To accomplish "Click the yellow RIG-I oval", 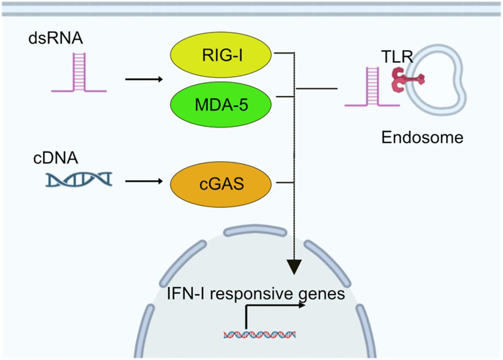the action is (x=221, y=54).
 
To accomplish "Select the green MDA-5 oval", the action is (x=221, y=105).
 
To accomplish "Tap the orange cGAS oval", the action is (x=221, y=184).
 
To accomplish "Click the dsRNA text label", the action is (x=56, y=38).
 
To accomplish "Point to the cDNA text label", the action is (x=56, y=158).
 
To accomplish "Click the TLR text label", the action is (x=397, y=57).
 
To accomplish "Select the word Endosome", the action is (x=423, y=137).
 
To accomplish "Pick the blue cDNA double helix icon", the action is (x=79, y=179).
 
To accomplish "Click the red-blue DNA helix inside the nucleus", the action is (x=260, y=335).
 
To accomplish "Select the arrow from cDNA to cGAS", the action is (x=144, y=181).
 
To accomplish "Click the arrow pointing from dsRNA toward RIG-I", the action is (x=144, y=79).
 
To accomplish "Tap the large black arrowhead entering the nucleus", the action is (x=294, y=267).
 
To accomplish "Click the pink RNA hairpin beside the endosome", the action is (x=372, y=86).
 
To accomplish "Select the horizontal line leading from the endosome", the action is (x=316, y=89).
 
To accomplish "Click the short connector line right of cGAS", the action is (x=285, y=183).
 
